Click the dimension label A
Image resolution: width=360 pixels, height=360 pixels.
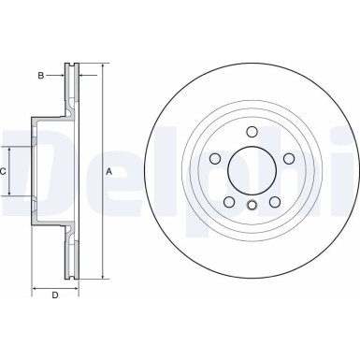(109, 172)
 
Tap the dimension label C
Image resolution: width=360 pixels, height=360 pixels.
(4, 172)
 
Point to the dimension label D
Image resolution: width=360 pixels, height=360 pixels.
(55, 296)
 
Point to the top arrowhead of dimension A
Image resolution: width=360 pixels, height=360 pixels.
(101, 67)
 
